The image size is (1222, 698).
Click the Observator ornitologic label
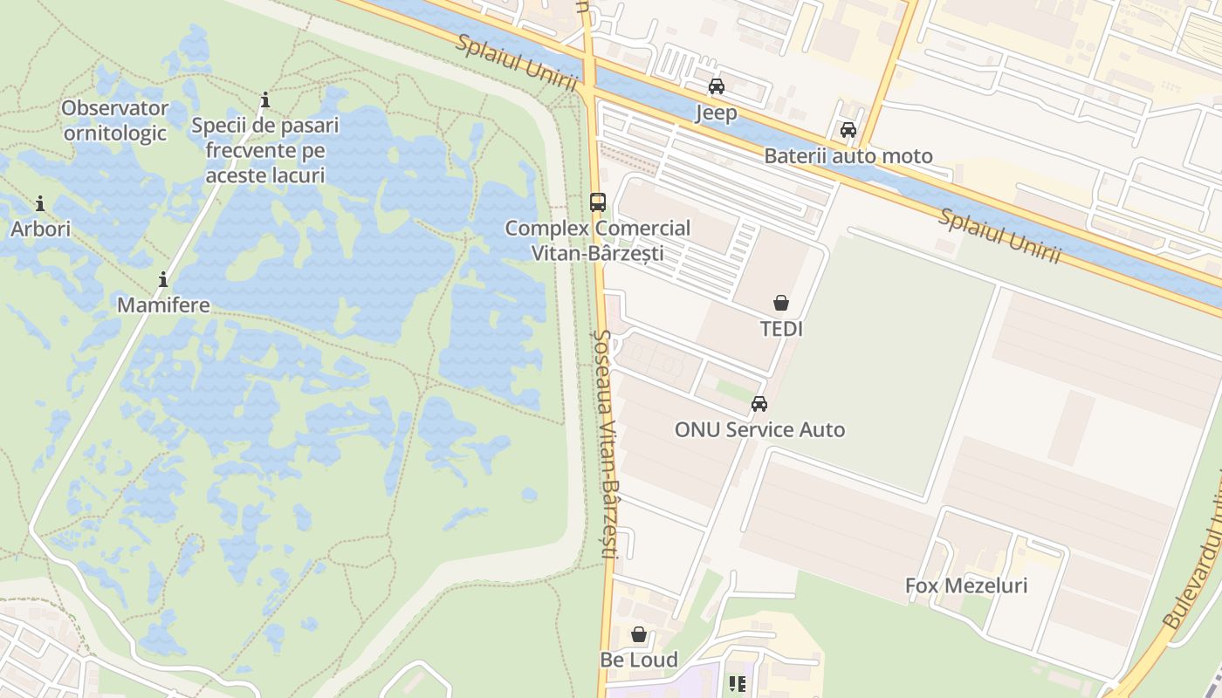tap(114, 120)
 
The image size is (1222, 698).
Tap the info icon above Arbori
tap(40, 204)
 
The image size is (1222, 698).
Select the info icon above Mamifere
tap(163, 280)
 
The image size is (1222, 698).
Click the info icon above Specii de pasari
tap(265, 100)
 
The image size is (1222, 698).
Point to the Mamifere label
tap(163, 305)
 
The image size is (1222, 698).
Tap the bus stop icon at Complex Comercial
tap(598, 202)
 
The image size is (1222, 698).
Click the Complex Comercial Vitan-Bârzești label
tap(598, 241)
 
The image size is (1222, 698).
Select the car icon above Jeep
tap(717, 86)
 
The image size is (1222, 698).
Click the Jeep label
tap(717, 113)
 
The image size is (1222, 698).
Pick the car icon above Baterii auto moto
tap(848, 131)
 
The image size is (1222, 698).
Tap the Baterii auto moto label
tap(848, 156)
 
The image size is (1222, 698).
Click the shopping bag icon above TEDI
tap(781, 303)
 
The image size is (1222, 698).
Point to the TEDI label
tap(781, 329)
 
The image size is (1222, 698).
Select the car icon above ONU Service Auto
tap(759, 404)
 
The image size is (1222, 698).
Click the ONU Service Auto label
tap(759, 429)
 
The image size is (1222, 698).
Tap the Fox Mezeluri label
tap(965, 585)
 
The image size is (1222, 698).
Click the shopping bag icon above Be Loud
tap(639, 634)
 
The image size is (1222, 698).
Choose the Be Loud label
tap(639, 660)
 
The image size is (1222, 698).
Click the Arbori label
tap(40, 229)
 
